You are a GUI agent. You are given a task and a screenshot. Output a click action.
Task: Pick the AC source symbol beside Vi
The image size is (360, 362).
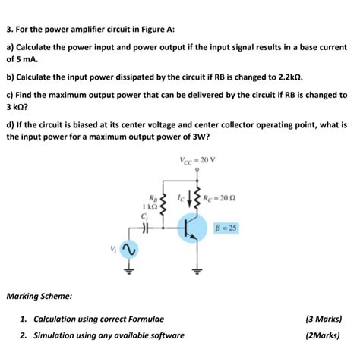tap(129, 248)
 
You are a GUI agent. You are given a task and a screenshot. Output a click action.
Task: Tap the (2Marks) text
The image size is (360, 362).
tap(325, 335)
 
